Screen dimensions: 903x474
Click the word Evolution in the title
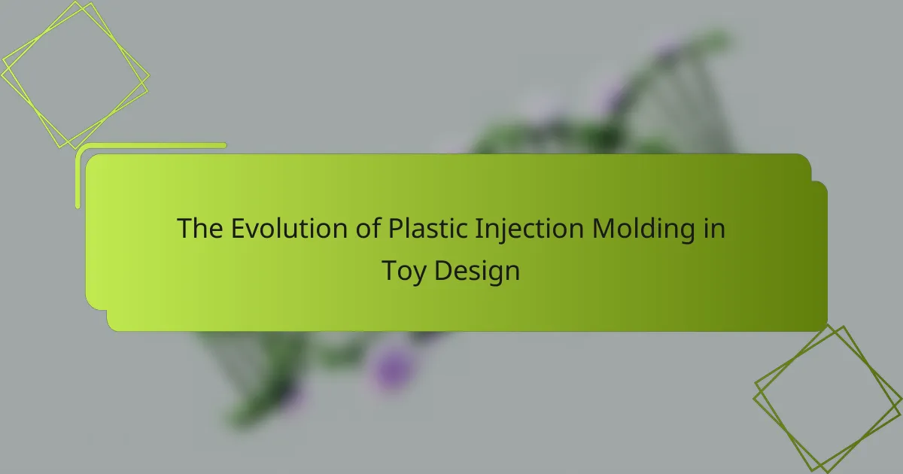(289, 228)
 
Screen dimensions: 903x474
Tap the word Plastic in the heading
(427, 228)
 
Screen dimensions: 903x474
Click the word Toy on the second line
(403, 272)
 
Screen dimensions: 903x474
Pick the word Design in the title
(477, 272)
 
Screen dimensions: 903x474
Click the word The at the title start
(200, 228)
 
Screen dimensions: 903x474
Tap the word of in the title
(368, 228)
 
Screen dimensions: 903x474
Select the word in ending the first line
(714, 228)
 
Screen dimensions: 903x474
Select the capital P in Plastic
(396, 229)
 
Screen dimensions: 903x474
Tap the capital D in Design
(443, 270)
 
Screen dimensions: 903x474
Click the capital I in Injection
(478, 229)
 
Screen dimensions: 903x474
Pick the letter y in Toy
(418, 275)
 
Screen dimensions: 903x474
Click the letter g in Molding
(687, 233)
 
